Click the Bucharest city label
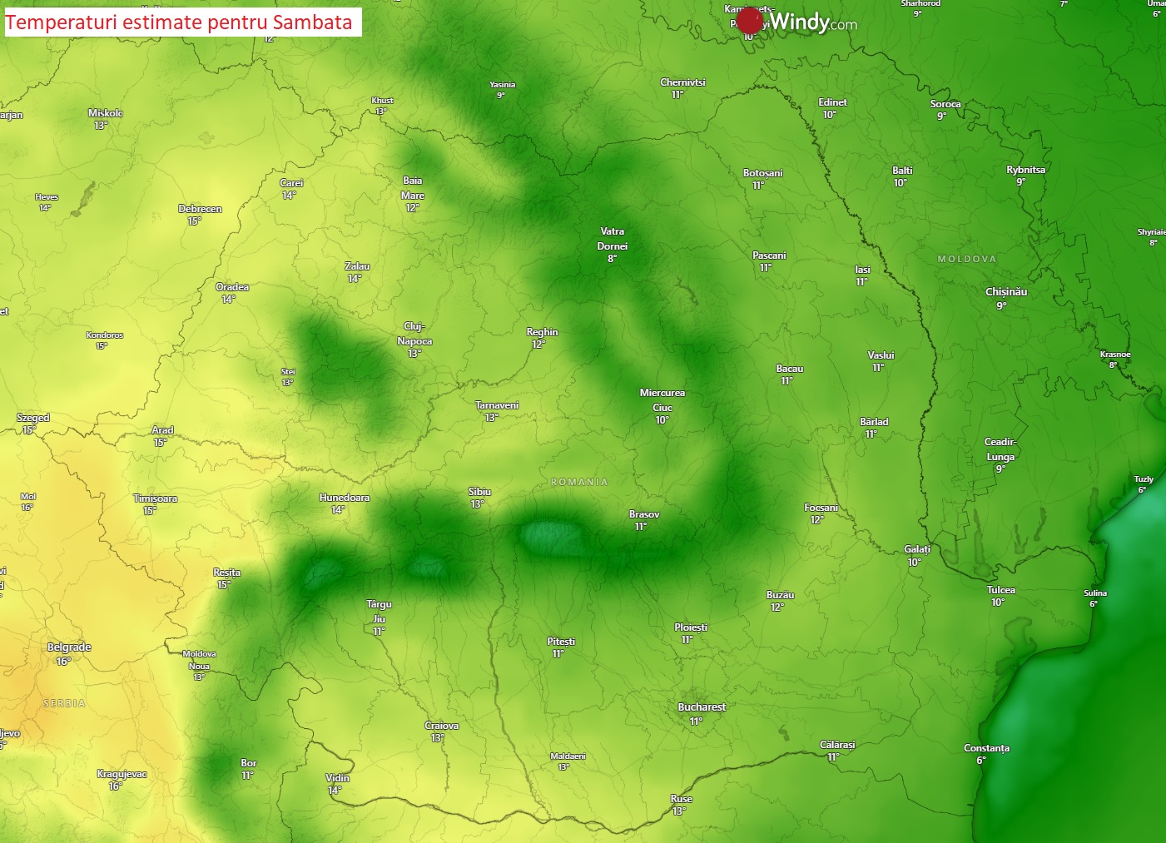(x=702, y=707)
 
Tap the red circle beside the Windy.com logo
(x=749, y=21)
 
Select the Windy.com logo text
(x=813, y=22)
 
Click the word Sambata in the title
(x=312, y=22)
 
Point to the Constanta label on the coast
(x=986, y=748)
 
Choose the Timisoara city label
(x=155, y=498)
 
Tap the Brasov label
(x=644, y=514)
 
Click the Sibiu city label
(x=479, y=492)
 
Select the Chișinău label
(x=1005, y=292)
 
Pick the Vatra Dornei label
(x=612, y=239)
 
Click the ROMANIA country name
(x=579, y=482)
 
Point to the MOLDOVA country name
(x=966, y=259)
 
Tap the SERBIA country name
(x=64, y=703)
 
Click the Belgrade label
(x=69, y=647)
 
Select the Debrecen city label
(x=200, y=209)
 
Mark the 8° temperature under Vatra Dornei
(x=612, y=259)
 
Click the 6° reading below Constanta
(x=980, y=761)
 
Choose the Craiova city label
(x=441, y=726)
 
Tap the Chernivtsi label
(x=682, y=82)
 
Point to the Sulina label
(x=1095, y=593)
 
